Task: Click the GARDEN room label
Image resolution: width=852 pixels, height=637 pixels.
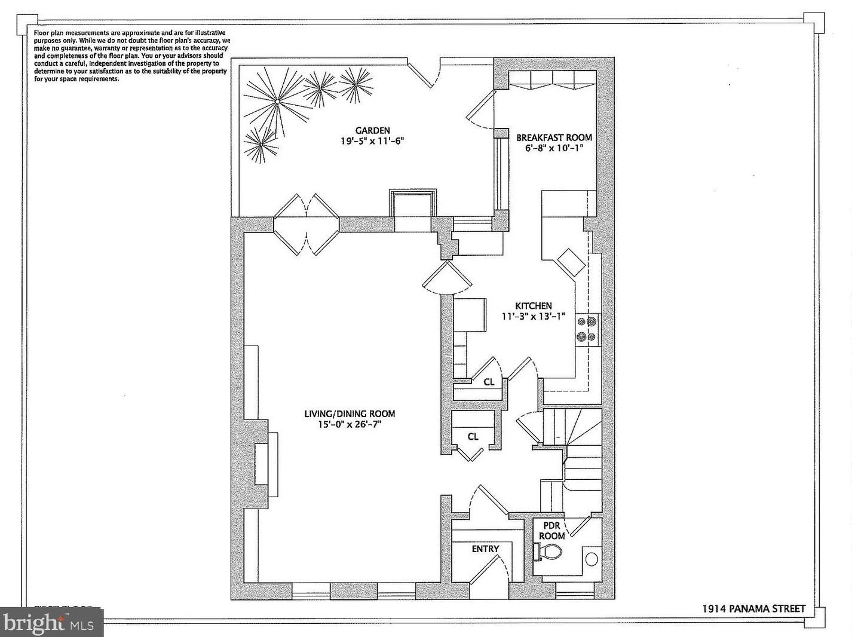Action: pyautogui.click(x=372, y=130)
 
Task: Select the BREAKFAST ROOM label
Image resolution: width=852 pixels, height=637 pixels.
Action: pyautogui.click(x=554, y=137)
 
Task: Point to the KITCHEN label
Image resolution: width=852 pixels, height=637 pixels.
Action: pyautogui.click(x=534, y=305)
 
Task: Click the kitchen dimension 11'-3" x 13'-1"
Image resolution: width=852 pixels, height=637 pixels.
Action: pyautogui.click(x=533, y=316)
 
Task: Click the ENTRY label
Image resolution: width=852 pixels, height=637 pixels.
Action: pyautogui.click(x=485, y=549)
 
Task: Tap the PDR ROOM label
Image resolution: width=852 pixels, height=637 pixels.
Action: pyautogui.click(x=551, y=531)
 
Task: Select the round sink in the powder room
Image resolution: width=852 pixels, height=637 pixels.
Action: pyautogui.click(x=591, y=559)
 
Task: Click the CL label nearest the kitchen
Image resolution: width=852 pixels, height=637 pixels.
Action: pyautogui.click(x=489, y=382)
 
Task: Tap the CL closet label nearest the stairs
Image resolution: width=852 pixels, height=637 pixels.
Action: pyautogui.click(x=473, y=436)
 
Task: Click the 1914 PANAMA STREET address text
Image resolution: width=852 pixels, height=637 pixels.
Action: pyautogui.click(x=753, y=609)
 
